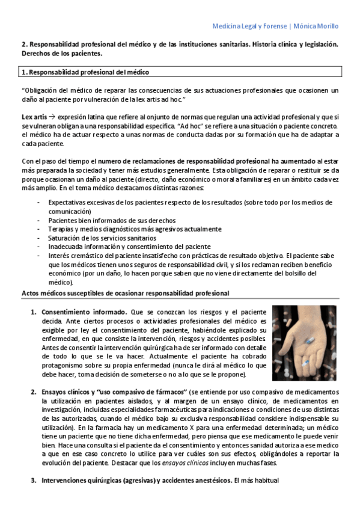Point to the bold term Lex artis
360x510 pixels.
[x=34, y=116]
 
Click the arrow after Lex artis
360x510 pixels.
[x=52, y=116]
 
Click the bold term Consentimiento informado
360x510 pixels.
[x=84, y=312]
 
